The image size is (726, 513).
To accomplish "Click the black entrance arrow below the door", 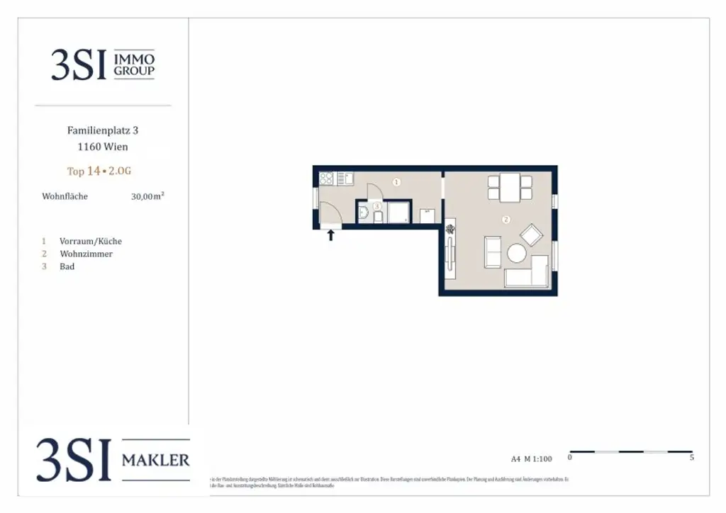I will (330, 235).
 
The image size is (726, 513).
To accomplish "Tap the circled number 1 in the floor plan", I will (396, 182).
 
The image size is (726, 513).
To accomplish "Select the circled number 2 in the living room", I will (506, 220).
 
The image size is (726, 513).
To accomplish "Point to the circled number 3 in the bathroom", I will (377, 206).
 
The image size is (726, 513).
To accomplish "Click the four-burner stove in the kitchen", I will (326, 179).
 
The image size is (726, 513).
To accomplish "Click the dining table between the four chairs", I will (510, 187).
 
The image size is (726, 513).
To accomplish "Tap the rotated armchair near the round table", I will (531, 234).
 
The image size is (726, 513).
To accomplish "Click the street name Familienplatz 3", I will (98, 130).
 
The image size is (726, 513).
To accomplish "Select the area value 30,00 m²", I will (147, 196).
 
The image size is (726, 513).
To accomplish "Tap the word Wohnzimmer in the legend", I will (86, 254).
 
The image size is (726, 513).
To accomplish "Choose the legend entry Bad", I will (67, 266).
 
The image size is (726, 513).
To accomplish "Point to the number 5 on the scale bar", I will (691, 458).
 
